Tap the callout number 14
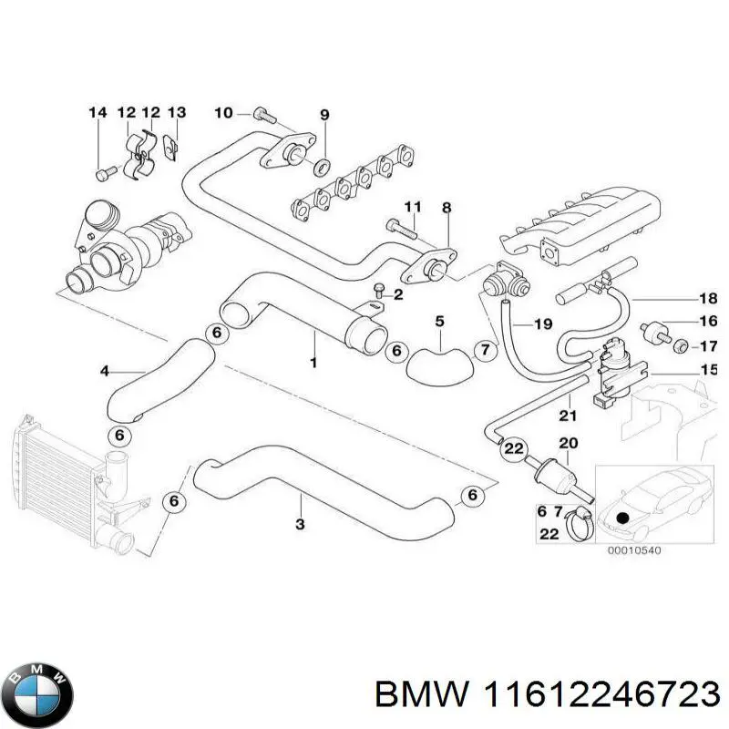coord(98,113)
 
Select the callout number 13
coord(177,113)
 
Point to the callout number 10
coord(223,113)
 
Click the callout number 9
coord(323,114)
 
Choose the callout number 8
coord(447,209)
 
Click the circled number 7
coord(485,350)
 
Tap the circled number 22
coord(514,448)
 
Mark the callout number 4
coord(104,371)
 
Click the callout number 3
coord(300,525)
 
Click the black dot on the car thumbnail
coord(622,517)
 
